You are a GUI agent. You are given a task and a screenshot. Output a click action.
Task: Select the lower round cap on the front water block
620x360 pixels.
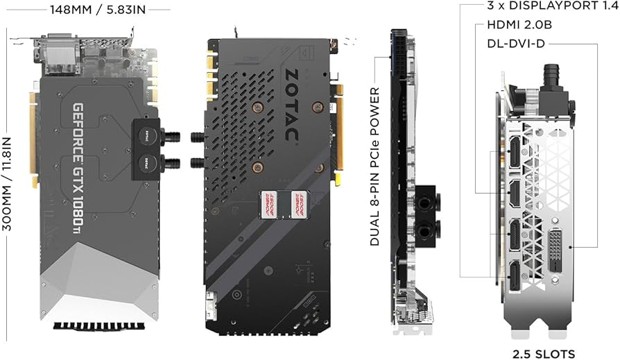pyautogui.click(x=147, y=163)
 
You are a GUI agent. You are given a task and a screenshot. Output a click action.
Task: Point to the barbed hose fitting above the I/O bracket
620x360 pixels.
pyautogui.click(x=552, y=74)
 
